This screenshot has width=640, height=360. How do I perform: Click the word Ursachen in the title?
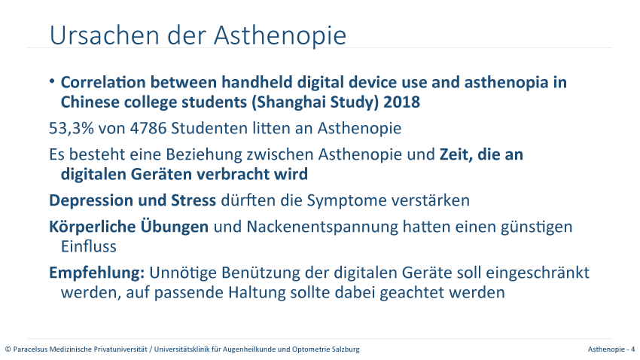(x=104, y=35)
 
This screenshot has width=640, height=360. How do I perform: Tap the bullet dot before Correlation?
(x=52, y=81)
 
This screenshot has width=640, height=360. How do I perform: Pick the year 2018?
(x=401, y=102)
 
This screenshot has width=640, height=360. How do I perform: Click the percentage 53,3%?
(x=72, y=128)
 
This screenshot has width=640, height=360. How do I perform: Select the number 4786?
(x=148, y=128)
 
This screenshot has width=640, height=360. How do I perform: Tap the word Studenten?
(x=209, y=128)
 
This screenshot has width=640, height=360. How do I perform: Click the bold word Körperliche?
(x=93, y=227)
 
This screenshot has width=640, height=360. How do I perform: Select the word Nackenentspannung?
(x=322, y=227)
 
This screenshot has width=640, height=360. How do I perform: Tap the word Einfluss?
(x=89, y=246)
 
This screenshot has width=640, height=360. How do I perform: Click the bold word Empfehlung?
(x=96, y=273)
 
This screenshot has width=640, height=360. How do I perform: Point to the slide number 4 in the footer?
(x=633, y=349)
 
